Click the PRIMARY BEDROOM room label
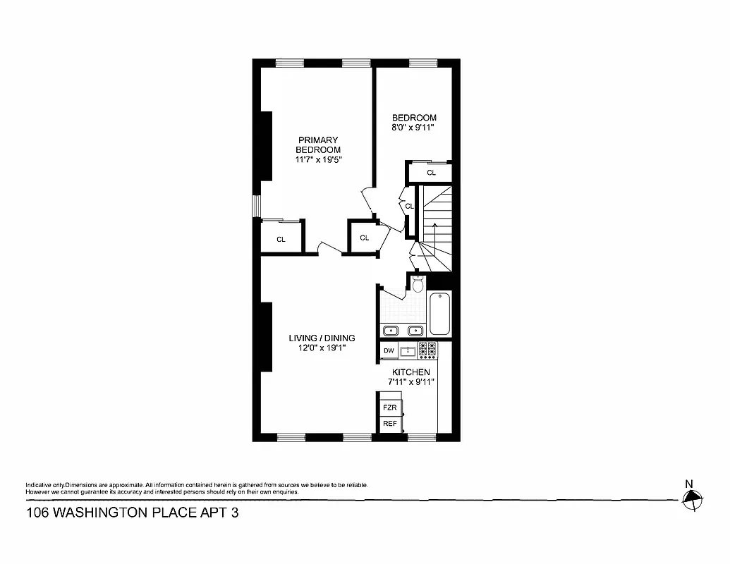pyautogui.click(x=317, y=145)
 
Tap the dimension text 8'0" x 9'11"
pyautogui.click(x=414, y=128)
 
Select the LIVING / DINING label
pyautogui.click(x=322, y=338)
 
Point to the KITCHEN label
pyautogui.click(x=411, y=372)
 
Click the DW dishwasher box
pyautogui.click(x=389, y=350)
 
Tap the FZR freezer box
pyautogui.click(x=389, y=407)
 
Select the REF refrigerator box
pyautogui.click(x=389, y=424)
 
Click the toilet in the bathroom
pyautogui.click(x=418, y=284)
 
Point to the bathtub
pyautogui.click(x=439, y=314)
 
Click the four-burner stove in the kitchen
pyautogui.click(x=427, y=349)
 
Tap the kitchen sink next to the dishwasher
pyautogui.click(x=407, y=350)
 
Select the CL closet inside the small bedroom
pyautogui.click(x=431, y=173)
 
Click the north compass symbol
pyautogui.click(x=693, y=500)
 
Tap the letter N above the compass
pyautogui.click(x=688, y=483)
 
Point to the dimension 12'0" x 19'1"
pyautogui.click(x=322, y=348)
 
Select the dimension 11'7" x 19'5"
pyautogui.click(x=317, y=160)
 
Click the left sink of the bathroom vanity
pyautogui.click(x=391, y=330)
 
